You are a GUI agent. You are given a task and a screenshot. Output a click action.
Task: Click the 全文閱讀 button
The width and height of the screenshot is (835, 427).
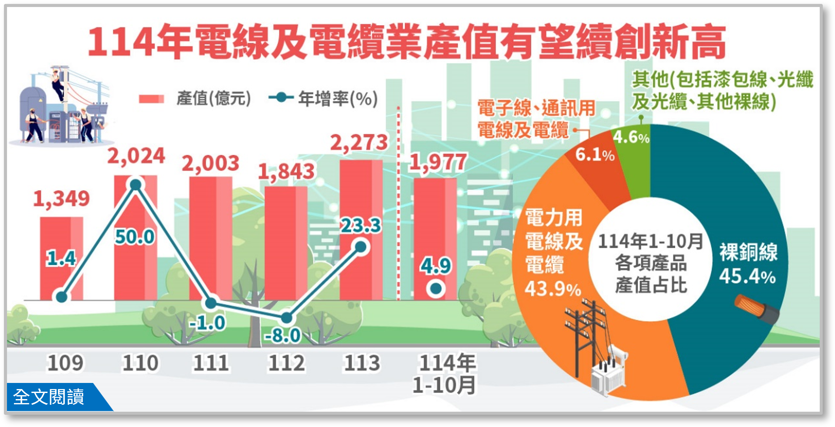49,396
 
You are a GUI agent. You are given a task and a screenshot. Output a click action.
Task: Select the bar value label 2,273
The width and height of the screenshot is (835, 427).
359,143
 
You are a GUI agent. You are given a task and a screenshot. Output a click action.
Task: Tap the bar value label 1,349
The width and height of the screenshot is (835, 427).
61,199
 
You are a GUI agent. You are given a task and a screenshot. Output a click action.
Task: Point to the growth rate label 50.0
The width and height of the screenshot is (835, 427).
135,237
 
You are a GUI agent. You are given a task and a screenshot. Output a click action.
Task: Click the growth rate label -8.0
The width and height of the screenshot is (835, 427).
282,335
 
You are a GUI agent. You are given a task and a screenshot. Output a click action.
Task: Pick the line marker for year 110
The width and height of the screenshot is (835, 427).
136,185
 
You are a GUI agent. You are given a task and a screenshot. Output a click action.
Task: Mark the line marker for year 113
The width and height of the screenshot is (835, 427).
361,247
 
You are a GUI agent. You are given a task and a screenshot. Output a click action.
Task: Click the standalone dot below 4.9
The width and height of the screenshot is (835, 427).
436,289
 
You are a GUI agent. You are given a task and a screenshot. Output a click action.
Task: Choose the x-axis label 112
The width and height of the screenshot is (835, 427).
286,363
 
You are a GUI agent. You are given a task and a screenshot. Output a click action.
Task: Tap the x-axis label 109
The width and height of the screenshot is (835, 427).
65,363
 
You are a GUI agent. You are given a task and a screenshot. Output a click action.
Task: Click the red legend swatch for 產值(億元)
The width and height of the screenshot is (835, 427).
151,99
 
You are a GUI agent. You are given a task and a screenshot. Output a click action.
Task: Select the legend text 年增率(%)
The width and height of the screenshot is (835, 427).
338,99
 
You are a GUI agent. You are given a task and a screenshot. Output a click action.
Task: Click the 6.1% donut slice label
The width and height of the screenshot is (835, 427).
594,154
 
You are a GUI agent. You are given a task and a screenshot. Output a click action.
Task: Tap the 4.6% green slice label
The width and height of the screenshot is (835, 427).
631,137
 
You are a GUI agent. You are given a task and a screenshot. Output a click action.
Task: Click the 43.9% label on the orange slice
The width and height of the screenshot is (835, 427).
553,289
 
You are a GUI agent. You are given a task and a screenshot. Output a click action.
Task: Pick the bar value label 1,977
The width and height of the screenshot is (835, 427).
438,163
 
